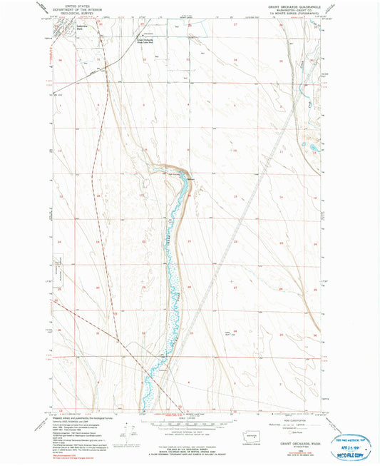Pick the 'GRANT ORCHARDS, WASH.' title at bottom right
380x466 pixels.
[x=293, y=440]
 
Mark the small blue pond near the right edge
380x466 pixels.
[x=314, y=148]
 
